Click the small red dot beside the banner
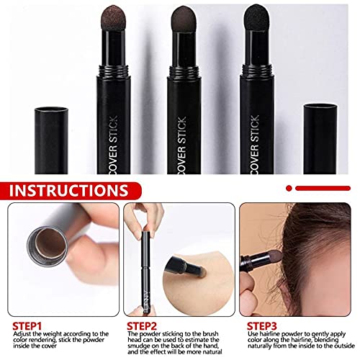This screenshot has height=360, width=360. [x=288, y=187]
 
